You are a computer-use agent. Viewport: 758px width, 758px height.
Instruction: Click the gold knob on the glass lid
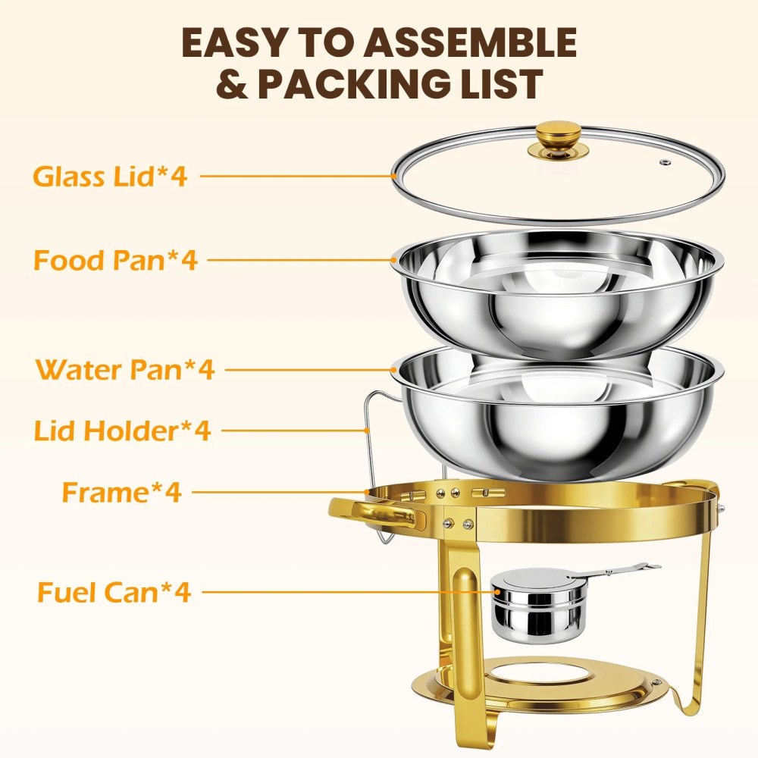coord(559,139)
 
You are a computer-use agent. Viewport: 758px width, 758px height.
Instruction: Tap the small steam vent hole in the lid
coord(666,162)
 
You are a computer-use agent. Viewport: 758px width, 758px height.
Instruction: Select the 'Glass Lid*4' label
coord(110,176)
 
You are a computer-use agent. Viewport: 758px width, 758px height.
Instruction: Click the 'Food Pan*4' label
coord(115,260)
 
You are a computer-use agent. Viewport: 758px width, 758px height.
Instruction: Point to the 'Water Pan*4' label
coord(125,370)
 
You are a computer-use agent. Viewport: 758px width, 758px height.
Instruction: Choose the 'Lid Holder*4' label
coord(122,431)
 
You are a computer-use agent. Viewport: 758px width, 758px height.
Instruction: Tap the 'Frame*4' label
coord(121,492)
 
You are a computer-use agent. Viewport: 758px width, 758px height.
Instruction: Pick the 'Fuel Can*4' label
coord(114,592)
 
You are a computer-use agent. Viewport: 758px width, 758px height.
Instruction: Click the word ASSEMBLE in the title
coord(470,42)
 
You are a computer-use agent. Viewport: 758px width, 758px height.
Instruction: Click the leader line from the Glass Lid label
coord(298,176)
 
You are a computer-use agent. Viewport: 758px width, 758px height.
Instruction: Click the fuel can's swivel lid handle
coord(614,570)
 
